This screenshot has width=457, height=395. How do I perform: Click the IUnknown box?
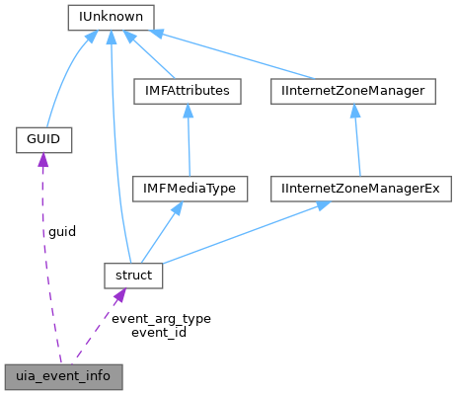tap(109, 17)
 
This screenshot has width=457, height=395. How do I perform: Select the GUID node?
tap(39, 140)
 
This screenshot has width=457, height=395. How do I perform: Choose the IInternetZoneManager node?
tap(352, 91)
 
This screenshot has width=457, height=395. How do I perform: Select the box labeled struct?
tap(133, 276)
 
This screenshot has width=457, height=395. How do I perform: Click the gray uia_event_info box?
tap(63, 376)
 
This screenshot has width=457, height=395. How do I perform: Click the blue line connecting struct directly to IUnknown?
tap(113, 148)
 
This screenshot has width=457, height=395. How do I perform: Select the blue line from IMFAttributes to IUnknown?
tap(154, 58)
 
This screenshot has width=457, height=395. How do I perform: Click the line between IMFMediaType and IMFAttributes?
tap(189, 138)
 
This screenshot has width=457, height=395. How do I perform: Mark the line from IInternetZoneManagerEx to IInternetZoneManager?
tap(356, 138)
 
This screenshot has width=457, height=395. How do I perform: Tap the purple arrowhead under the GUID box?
tap(41, 161)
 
